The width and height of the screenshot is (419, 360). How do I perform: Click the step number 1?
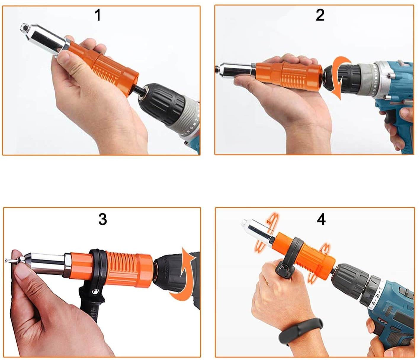click(x=98, y=15)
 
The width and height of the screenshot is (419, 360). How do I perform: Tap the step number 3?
click(x=102, y=219)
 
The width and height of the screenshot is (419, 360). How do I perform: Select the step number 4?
click(x=321, y=219)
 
